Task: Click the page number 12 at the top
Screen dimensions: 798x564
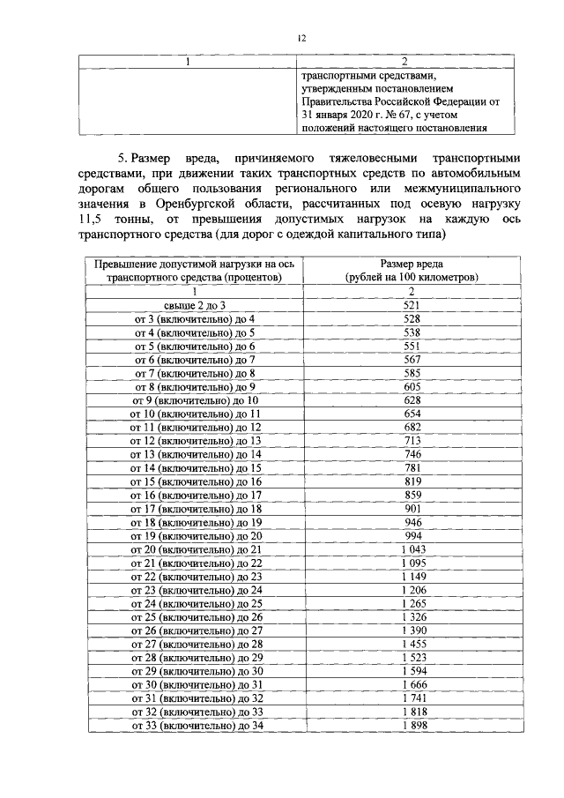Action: [x=301, y=38]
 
